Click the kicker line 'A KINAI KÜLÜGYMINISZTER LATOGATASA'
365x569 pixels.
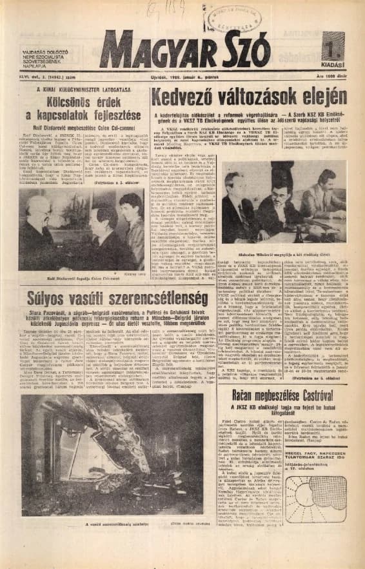point(83,86)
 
